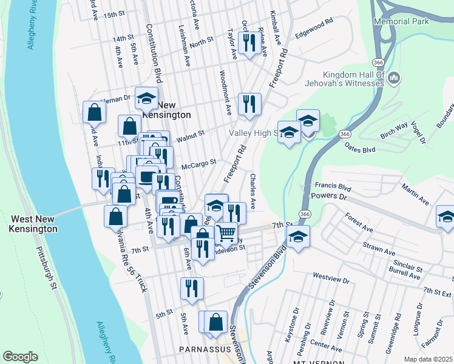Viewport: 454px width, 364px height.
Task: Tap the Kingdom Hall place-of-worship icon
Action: tap(394, 78)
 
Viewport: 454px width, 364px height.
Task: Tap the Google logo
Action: tap(20, 357)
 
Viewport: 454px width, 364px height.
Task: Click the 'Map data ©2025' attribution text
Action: tap(428, 359)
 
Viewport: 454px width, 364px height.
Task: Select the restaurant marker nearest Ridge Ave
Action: tap(249, 42)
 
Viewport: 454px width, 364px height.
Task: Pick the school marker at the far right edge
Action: tap(446, 217)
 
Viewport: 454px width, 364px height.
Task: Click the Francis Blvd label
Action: tap(333, 187)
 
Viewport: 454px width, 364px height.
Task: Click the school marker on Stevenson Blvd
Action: tap(297, 237)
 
